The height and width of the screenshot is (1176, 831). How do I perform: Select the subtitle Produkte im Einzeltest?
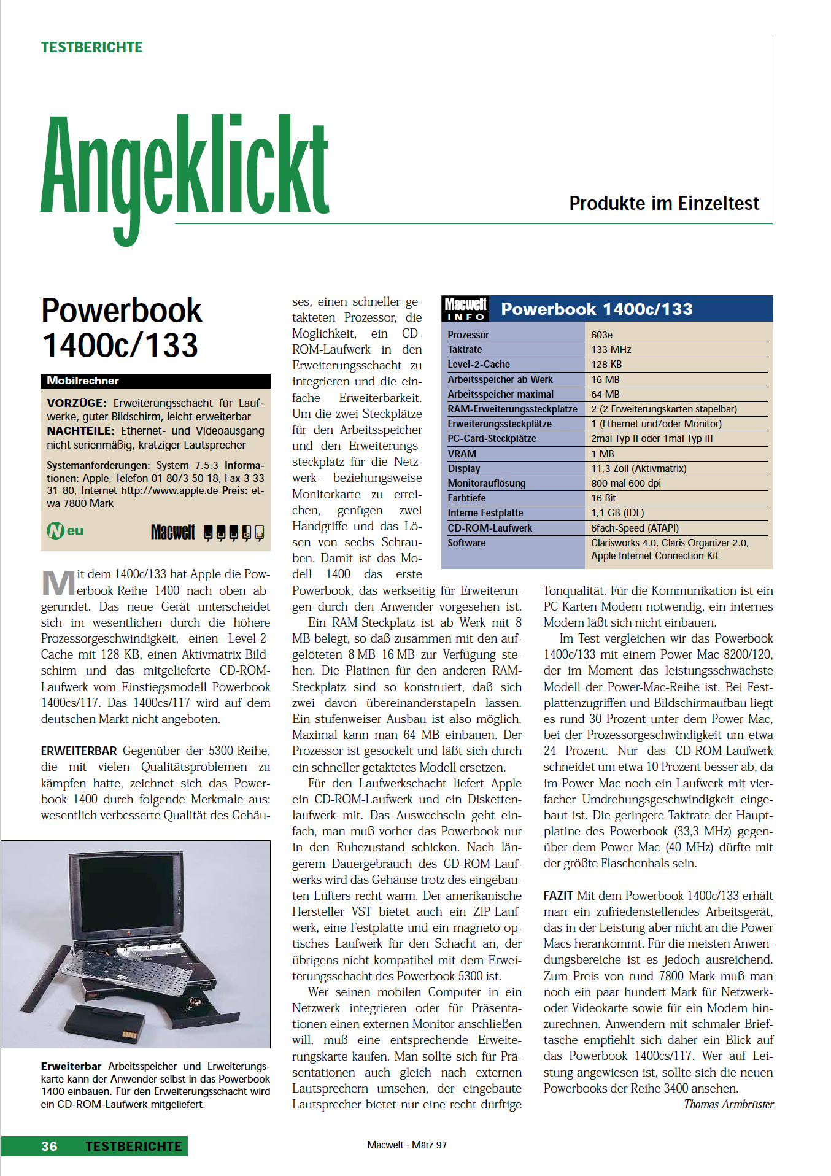[x=663, y=203]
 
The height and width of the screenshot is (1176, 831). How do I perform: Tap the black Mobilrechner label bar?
[x=155, y=381]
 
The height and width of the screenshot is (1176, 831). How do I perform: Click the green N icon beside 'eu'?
[x=55, y=530]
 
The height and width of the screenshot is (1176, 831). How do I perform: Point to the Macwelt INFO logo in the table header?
[x=465, y=309]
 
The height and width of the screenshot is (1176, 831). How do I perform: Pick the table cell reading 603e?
[x=601, y=335]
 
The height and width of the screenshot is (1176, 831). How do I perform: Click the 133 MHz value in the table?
[x=611, y=349]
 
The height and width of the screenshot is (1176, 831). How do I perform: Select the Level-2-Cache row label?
[x=479, y=364]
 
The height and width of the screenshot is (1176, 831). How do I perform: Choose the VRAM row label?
[x=462, y=454]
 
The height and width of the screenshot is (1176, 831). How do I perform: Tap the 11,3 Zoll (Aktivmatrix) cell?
[x=638, y=468]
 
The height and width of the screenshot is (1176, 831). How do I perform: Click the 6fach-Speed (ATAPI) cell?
[x=635, y=528]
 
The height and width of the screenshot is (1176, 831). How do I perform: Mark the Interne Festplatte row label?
[x=485, y=513]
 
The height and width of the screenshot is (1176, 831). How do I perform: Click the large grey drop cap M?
[x=58, y=582]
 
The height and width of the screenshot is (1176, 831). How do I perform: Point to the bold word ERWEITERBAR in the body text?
[x=79, y=751]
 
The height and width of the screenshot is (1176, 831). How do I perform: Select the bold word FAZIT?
[x=558, y=896]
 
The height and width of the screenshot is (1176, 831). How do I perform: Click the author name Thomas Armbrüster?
[x=729, y=1104]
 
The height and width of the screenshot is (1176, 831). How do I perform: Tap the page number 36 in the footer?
[x=49, y=1146]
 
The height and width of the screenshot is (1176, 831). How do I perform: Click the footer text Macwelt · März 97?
[x=407, y=1145]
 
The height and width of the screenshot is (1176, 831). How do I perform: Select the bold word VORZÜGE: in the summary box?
[x=77, y=403]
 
